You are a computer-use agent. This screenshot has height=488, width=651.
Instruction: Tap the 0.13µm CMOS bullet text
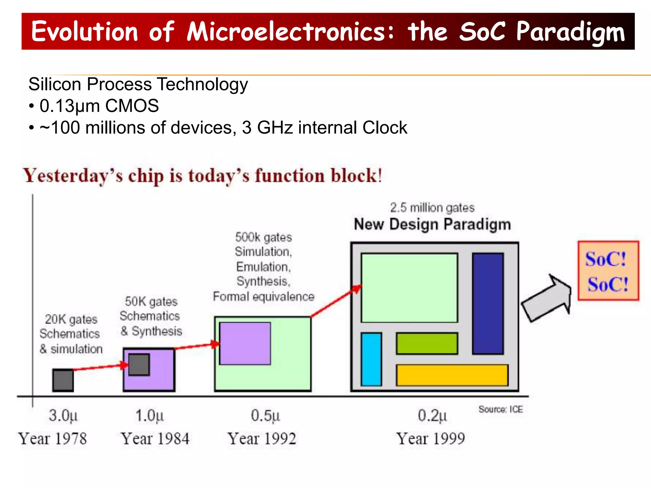click(99, 106)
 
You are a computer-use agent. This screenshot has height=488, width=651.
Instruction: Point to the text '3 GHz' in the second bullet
click(267, 128)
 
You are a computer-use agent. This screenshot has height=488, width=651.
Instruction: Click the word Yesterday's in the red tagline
click(73, 176)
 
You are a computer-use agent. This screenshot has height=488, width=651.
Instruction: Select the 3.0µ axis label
click(63, 416)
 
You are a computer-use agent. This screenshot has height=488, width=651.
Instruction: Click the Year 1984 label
click(155, 439)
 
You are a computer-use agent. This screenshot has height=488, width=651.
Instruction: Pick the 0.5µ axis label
click(265, 416)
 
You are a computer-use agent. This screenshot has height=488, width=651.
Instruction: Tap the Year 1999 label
click(430, 439)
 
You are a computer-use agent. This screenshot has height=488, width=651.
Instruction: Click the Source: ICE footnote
click(500, 409)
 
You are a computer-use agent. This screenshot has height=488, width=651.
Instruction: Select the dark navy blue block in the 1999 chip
click(488, 303)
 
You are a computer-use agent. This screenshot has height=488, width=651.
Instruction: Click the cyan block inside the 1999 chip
click(371, 359)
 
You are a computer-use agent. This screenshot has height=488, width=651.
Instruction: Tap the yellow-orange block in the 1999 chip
click(452, 375)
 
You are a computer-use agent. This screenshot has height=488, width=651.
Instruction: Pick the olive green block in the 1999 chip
click(427, 343)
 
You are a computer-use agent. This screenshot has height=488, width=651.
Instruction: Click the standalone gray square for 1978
click(63, 380)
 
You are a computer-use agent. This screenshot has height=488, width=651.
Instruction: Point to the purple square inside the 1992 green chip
click(245, 343)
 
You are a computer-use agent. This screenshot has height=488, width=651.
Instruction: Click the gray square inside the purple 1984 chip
click(139, 364)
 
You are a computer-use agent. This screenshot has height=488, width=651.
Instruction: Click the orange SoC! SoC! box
click(608, 271)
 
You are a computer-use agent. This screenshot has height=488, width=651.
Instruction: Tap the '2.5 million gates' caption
click(432, 208)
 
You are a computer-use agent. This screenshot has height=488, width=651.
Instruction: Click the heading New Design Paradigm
click(432, 224)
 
